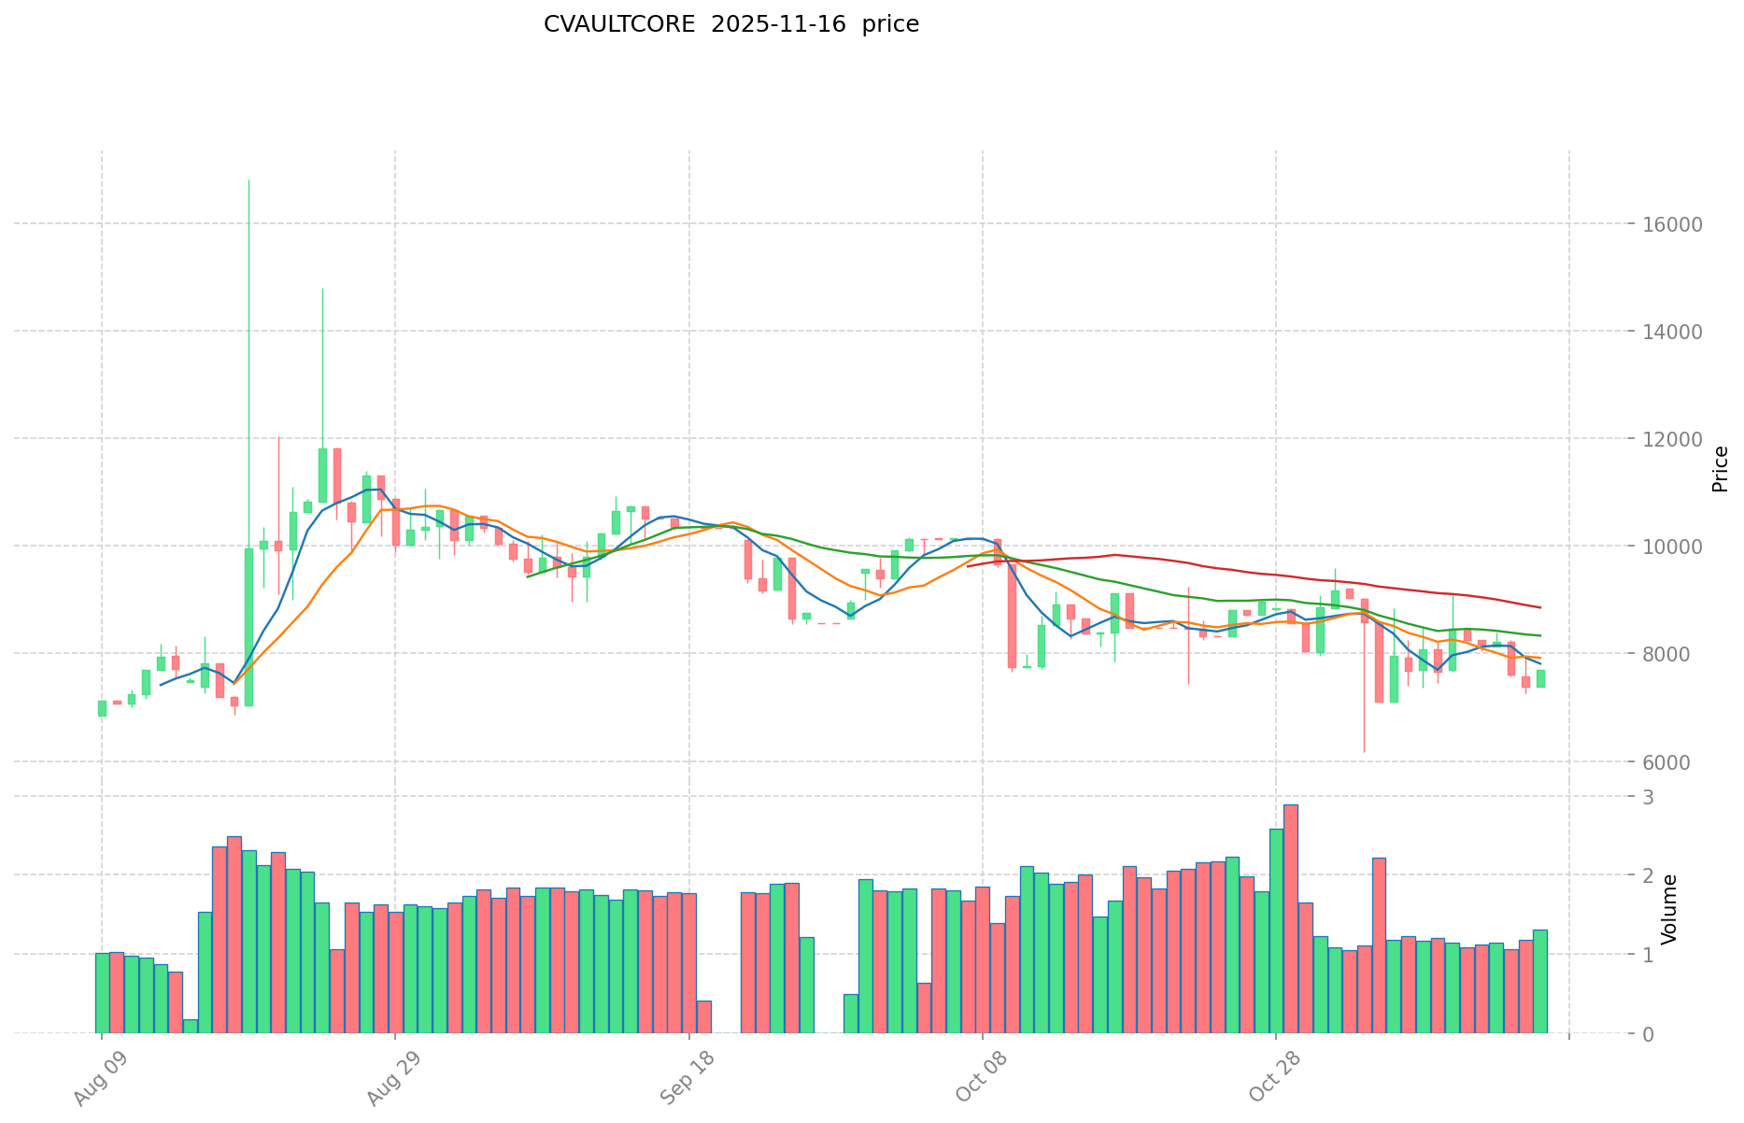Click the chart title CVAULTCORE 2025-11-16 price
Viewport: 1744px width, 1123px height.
tap(730, 24)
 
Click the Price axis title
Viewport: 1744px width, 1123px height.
tap(1720, 468)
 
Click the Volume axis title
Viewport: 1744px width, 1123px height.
tap(1669, 908)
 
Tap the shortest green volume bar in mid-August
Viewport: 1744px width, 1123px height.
tap(191, 1026)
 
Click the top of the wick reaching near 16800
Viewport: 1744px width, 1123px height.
tap(248, 180)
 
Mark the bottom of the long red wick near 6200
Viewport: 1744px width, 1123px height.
tap(1364, 751)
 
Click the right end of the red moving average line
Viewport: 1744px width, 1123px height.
tap(1540, 607)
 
